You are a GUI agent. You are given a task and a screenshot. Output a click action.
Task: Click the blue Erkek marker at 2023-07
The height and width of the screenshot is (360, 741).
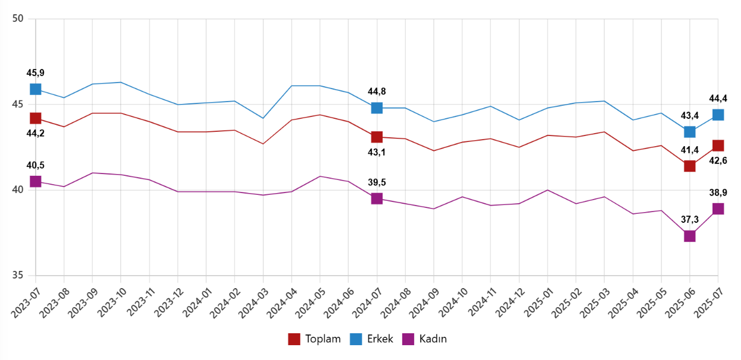click(x=36, y=89)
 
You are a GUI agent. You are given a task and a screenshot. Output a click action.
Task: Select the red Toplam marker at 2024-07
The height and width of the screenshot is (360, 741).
click(x=377, y=137)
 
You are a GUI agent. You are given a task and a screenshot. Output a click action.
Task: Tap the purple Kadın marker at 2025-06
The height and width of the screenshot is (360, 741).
click(x=690, y=236)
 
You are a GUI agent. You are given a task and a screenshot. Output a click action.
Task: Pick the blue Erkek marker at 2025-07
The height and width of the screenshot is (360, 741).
click(x=718, y=115)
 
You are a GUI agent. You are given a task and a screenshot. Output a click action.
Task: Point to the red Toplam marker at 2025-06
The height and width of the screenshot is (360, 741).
click(x=690, y=166)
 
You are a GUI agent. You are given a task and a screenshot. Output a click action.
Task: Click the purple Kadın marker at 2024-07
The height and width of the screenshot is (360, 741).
click(x=377, y=198)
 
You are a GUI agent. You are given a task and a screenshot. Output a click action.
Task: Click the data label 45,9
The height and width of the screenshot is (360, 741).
click(x=36, y=73)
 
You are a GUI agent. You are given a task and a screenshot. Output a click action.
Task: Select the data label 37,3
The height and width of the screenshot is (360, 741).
click(x=690, y=220)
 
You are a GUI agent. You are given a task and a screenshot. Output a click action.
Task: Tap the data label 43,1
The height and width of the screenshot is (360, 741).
click(x=377, y=153)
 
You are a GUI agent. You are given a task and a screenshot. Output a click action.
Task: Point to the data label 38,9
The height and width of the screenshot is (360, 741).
click(x=718, y=192)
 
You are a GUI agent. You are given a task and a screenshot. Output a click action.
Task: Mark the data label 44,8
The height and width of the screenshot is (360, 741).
click(x=377, y=91)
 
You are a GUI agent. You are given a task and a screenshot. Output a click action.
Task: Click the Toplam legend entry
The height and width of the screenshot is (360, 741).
click(x=314, y=339)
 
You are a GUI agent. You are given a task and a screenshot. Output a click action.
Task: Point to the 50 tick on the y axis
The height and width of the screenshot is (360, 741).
click(x=18, y=19)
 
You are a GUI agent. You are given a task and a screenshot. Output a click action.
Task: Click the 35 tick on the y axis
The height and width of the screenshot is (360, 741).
click(x=18, y=276)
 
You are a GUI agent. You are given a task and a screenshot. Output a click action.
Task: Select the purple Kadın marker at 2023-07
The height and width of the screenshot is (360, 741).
click(x=36, y=181)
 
